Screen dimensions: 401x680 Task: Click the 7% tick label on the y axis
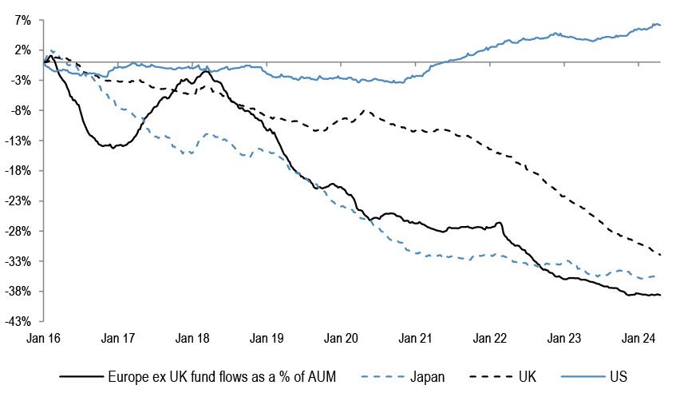[x=22, y=20]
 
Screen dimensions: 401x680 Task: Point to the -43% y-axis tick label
[x=18, y=322]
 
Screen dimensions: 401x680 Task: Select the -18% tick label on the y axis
[x=18, y=171]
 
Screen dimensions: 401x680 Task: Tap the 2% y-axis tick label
[x=22, y=50]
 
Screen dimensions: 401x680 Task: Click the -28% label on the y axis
[x=18, y=232]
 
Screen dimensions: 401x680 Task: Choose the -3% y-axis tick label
[x=20, y=81]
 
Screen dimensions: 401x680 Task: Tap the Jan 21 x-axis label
[x=415, y=338]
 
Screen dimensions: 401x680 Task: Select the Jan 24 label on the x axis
[x=638, y=338]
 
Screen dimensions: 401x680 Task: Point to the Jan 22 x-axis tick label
[x=490, y=338]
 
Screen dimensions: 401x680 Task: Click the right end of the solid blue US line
[x=660, y=26]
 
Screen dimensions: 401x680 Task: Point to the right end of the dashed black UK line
[x=660, y=255]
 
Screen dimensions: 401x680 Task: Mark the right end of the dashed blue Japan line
[x=656, y=276]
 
